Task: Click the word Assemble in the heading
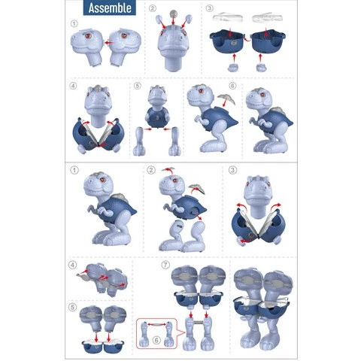[x=110, y=8]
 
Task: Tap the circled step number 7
[x=165, y=265]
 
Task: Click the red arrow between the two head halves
[x=108, y=43]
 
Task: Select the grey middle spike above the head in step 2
[x=173, y=14]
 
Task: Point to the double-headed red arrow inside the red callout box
[x=156, y=324]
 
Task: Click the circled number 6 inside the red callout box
[x=156, y=340]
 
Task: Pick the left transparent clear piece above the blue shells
[x=228, y=17]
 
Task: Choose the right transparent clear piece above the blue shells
[x=267, y=17]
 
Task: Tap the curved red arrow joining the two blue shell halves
[x=247, y=39]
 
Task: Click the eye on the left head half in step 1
[x=88, y=36]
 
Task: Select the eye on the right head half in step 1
[x=124, y=35]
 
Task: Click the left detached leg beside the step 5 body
[x=139, y=141]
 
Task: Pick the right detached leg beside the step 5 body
[x=175, y=141]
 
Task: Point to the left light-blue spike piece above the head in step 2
[x=159, y=19]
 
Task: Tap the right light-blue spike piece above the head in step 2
[x=189, y=19]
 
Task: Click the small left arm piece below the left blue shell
[x=232, y=68]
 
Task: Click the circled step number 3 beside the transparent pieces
[x=209, y=8]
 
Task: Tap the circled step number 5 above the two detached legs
[x=137, y=86]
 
